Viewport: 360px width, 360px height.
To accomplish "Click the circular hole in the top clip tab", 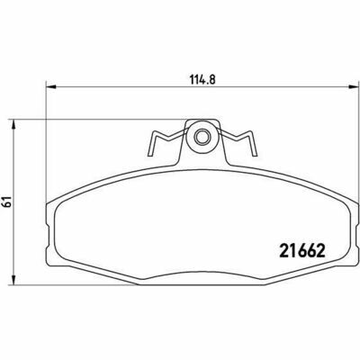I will pos(202,138).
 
